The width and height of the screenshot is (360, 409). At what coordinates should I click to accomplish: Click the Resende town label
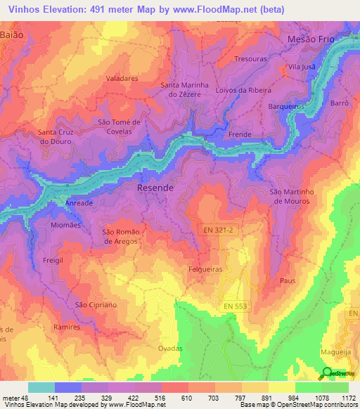coord(155,189)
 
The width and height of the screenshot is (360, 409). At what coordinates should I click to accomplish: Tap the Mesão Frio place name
coord(312,40)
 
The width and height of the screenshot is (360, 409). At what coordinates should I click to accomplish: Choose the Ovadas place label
coord(169,349)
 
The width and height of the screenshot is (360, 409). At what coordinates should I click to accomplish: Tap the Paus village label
coord(287,280)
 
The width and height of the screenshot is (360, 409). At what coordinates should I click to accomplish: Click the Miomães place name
coord(66,225)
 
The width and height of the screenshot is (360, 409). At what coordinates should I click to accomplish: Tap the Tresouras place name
coord(252,59)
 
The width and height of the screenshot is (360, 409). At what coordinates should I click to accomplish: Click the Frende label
coord(240,134)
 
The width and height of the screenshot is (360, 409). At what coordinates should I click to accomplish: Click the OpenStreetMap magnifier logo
coord(328,375)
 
